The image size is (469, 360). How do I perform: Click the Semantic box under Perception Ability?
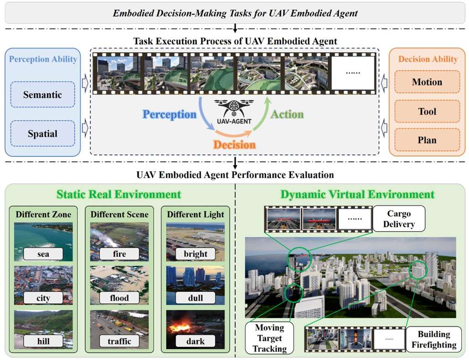click(x=42, y=95)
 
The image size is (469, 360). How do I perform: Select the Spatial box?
click(x=42, y=134)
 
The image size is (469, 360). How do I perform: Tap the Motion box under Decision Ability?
click(x=427, y=82)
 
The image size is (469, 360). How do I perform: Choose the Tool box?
click(x=427, y=111)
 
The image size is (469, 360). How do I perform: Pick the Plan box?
click(x=427, y=140)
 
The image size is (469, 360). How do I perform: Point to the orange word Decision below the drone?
click(x=233, y=144)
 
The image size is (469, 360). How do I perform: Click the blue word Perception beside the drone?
click(x=169, y=114)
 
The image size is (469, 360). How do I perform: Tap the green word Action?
click(x=287, y=114)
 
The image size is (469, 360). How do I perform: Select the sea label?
click(x=43, y=254)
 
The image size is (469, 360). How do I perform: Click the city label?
click(x=43, y=298)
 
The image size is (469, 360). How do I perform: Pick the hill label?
click(x=43, y=341)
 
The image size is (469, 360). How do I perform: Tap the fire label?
click(x=119, y=254)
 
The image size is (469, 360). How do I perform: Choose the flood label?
click(x=119, y=298)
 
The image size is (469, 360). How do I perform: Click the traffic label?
click(x=119, y=341)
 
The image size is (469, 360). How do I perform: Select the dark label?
click(x=195, y=341)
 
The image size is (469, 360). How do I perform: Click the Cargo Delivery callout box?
click(x=399, y=218)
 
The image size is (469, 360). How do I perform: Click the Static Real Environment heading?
click(x=119, y=194)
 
